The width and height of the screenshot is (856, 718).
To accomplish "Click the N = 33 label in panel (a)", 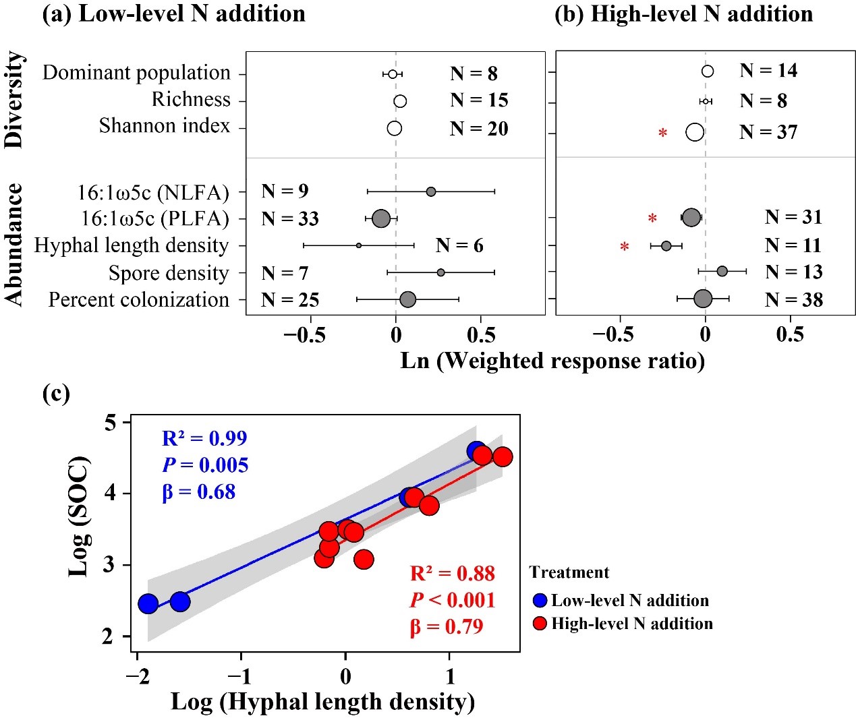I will [290, 219].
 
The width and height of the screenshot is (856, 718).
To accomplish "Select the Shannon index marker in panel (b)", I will [695, 132].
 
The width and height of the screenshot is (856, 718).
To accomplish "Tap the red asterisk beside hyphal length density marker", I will [625, 247].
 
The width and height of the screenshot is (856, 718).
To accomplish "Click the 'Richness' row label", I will [191, 100].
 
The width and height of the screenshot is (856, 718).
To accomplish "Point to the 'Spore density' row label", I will [169, 273].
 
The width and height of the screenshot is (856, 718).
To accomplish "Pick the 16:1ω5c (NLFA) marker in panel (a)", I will [430, 192].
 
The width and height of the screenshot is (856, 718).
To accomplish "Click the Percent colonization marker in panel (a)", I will [407, 299].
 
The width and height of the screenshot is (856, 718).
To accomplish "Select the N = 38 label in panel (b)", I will [793, 299].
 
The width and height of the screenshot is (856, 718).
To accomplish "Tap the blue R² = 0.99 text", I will [204, 438].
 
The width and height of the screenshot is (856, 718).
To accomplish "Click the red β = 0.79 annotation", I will [447, 627].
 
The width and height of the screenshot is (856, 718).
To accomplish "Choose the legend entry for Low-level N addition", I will [621, 601].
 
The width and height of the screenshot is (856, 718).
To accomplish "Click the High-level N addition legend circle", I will [540, 624].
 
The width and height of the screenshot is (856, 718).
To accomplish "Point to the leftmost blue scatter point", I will [148, 603].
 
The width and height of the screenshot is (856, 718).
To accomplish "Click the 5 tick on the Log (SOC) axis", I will [110, 423].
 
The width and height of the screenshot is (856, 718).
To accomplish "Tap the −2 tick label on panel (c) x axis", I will [137, 676].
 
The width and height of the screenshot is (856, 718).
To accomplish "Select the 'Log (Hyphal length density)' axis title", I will [322, 702].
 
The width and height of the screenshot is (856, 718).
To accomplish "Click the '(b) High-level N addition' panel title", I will [683, 14].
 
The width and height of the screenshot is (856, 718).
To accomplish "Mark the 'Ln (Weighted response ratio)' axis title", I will [552, 361].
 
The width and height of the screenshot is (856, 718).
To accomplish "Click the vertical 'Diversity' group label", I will [14, 100].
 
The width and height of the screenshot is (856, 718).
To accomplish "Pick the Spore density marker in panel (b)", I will [722, 272].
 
